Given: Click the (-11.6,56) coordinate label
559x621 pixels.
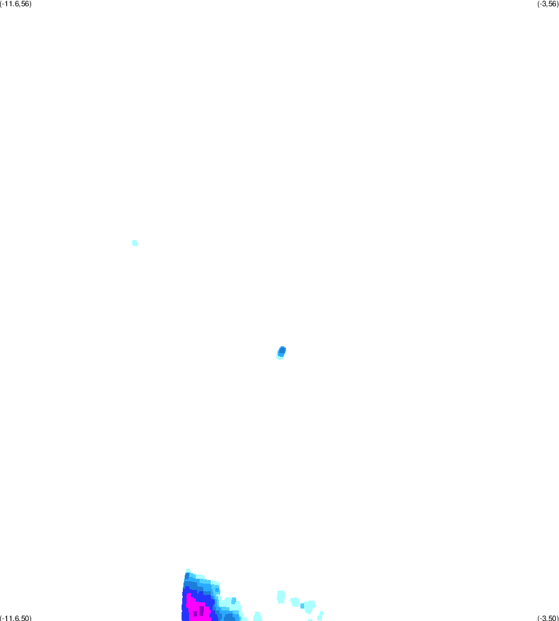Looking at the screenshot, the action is click(16, 4).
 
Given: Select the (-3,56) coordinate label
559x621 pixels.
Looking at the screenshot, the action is click(548, 4).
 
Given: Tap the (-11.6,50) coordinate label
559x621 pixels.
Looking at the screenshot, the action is click(16, 618).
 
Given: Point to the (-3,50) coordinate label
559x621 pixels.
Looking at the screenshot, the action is click(548, 618).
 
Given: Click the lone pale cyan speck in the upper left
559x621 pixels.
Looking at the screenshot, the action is click(135, 243).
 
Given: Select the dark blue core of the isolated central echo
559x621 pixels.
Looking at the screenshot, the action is click(282, 351).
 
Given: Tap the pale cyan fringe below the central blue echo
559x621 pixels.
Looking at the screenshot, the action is click(280, 357).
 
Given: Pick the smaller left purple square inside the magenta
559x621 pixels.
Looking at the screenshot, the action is click(195, 614).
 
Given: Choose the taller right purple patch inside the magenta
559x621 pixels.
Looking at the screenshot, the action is click(201, 610).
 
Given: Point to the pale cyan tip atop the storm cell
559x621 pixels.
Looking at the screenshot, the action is click(188, 571).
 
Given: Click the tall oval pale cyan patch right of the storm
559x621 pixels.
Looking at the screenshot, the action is click(281, 597).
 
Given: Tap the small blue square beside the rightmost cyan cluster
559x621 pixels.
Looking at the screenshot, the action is click(302, 606).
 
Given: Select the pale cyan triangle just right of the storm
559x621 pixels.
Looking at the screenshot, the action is click(257, 616).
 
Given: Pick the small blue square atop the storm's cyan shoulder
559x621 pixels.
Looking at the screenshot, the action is click(234, 601).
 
